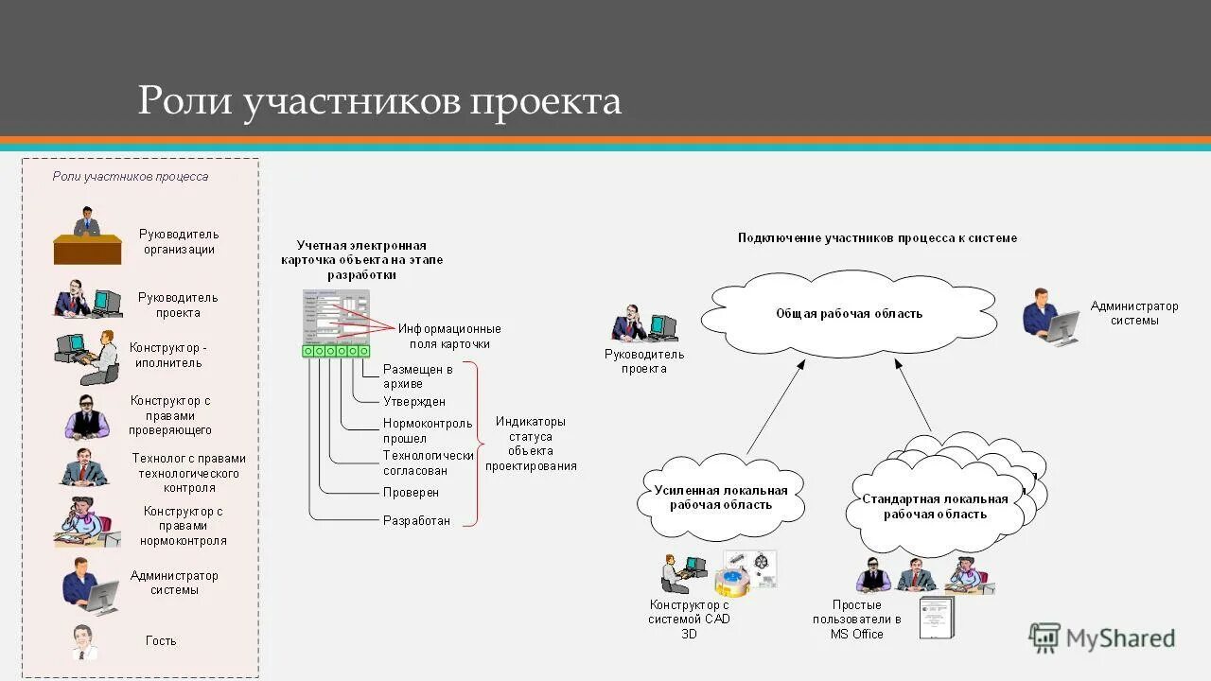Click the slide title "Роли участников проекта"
(x=379, y=100)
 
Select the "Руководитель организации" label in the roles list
(x=179, y=242)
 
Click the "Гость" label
(x=161, y=640)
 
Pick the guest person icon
(x=84, y=642)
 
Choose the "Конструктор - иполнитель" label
(x=167, y=355)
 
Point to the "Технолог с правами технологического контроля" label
(x=189, y=473)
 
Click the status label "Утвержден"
(x=414, y=402)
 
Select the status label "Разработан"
(x=416, y=520)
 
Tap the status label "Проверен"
(x=411, y=493)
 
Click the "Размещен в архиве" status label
(x=417, y=376)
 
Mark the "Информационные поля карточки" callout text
(x=449, y=336)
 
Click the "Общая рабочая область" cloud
(x=849, y=314)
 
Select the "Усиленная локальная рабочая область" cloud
(x=721, y=498)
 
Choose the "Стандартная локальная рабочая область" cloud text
(x=935, y=507)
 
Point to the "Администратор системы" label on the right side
(x=1134, y=313)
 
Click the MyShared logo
(x=1102, y=638)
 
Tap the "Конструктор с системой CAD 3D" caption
(x=690, y=620)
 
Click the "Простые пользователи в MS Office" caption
(x=857, y=620)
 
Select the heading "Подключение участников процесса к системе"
(x=877, y=238)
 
